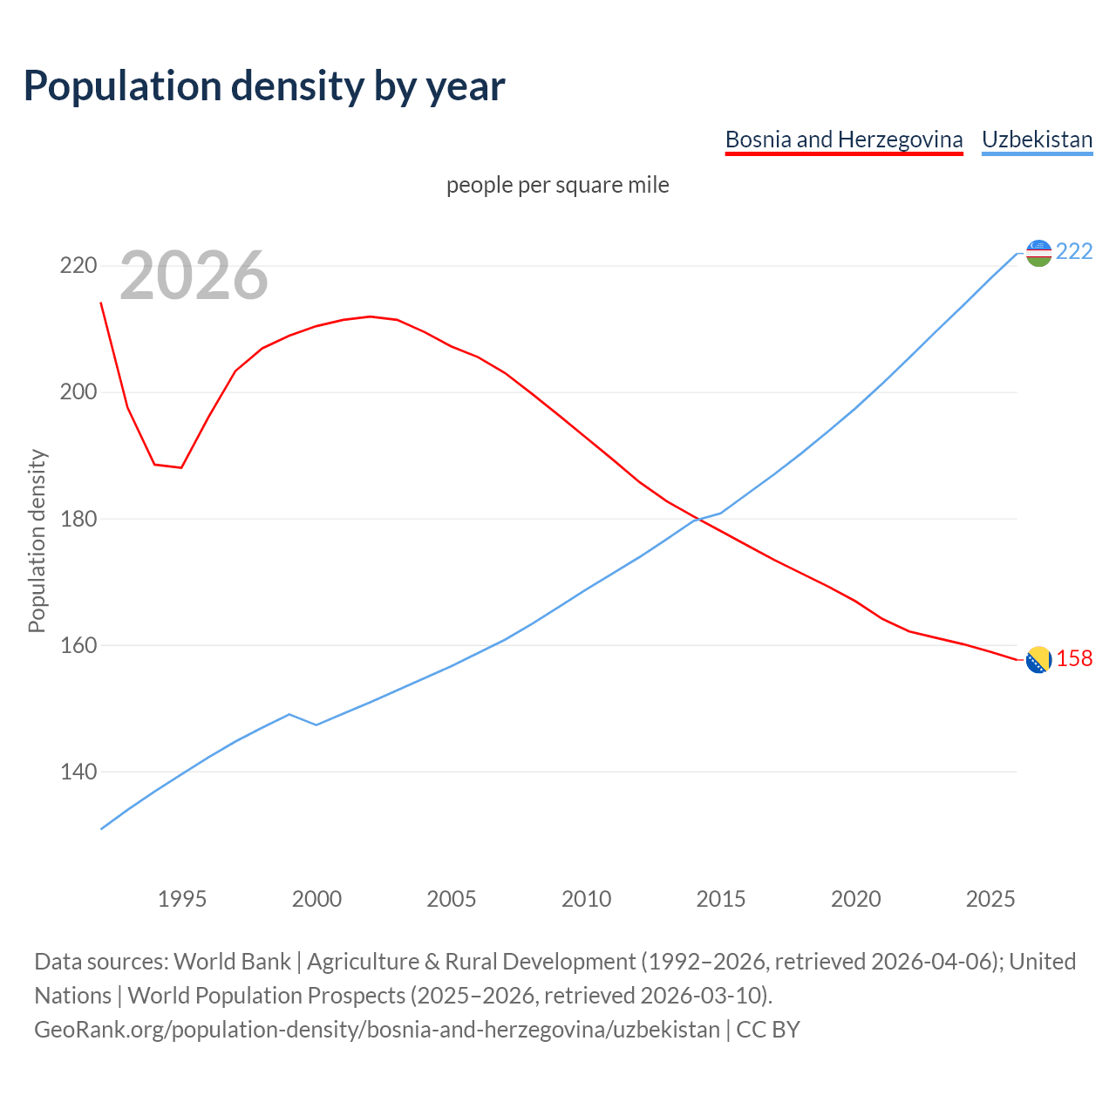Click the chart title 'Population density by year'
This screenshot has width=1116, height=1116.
(264, 85)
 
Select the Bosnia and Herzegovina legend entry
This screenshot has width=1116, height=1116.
(843, 139)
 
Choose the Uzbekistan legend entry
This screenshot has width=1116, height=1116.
(1037, 139)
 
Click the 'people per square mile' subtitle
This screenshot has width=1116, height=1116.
(557, 185)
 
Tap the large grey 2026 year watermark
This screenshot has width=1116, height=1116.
(194, 276)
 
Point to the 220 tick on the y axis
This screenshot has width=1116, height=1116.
(78, 266)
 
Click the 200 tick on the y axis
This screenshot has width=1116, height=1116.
(78, 392)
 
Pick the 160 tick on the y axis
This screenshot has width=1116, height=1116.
(78, 646)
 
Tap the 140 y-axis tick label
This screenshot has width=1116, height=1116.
(78, 772)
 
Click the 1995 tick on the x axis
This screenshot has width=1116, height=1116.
(182, 899)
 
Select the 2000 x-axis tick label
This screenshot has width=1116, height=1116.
(316, 899)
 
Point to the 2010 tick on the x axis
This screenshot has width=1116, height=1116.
(586, 899)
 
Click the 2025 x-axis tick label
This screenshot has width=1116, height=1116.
(990, 899)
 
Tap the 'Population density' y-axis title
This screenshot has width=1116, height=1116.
(37, 541)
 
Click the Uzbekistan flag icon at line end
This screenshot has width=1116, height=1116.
(1038, 253)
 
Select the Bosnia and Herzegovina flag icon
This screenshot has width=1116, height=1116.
(1038, 660)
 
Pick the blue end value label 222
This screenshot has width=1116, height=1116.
(1074, 251)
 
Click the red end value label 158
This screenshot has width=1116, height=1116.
(1074, 658)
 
